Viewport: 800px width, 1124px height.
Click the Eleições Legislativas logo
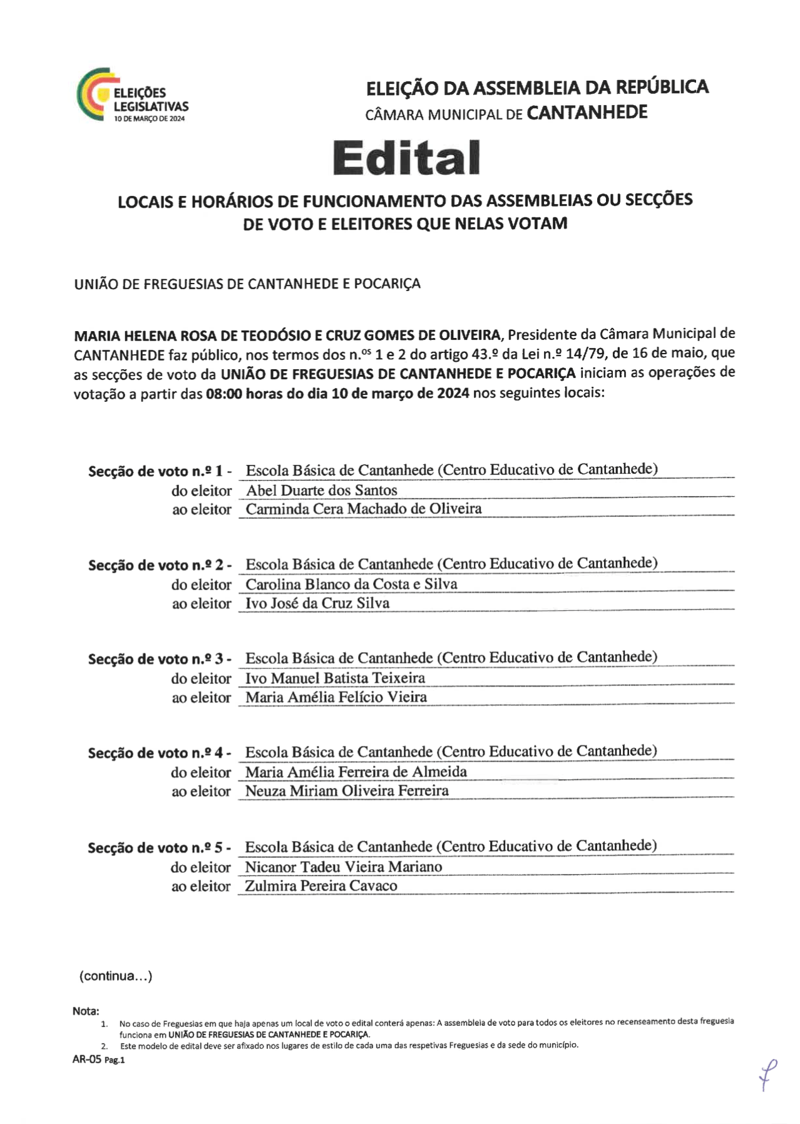(x=132, y=95)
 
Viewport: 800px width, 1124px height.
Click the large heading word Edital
(x=406, y=157)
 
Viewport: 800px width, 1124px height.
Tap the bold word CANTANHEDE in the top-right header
(x=587, y=113)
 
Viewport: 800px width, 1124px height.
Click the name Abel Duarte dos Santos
(x=321, y=490)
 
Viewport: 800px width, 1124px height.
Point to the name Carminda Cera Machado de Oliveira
(x=363, y=509)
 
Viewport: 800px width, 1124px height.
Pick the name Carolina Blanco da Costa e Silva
(x=351, y=584)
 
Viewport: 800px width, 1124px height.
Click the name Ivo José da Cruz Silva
(x=317, y=603)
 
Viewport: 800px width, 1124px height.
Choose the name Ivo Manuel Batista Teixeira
(x=335, y=678)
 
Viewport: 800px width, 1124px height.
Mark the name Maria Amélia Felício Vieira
(x=336, y=697)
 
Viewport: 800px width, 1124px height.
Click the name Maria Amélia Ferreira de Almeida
(x=356, y=772)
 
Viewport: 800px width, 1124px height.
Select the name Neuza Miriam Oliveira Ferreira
(x=347, y=790)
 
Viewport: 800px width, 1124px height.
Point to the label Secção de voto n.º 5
(x=159, y=848)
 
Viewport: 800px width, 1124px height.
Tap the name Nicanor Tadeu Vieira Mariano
(x=343, y=867)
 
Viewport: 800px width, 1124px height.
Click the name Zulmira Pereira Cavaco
(x=321, y=886)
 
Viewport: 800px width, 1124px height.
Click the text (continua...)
(x=115, y=976)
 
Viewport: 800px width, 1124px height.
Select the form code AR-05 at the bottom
(x=87, y=1059)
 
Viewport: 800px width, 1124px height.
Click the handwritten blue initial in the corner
(x=767, y=1074)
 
